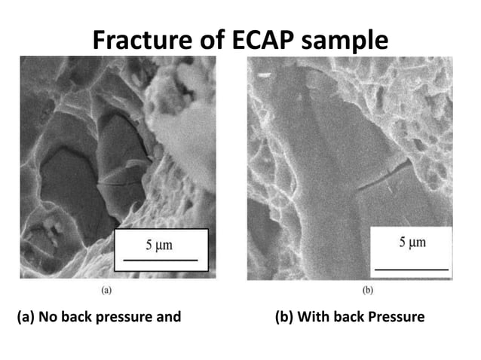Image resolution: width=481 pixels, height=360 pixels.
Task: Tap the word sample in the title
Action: click(347, 40)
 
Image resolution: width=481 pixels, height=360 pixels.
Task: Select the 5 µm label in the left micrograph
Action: click(160, 245)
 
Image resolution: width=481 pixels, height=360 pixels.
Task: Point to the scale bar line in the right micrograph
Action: click(411, 267)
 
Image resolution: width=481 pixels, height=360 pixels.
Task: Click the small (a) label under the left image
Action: click(109, 288)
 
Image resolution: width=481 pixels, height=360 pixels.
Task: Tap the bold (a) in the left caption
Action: click(27, 317)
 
